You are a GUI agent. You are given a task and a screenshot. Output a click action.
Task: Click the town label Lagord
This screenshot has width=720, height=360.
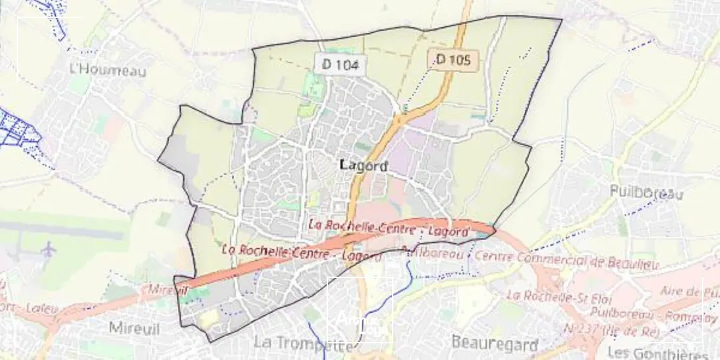[363, 166]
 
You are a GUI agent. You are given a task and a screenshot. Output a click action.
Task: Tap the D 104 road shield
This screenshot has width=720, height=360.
[340, 65]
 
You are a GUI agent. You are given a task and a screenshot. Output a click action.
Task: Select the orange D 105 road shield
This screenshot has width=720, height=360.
[453, 60]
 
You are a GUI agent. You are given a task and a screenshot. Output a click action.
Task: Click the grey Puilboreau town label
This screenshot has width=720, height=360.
[647, 193]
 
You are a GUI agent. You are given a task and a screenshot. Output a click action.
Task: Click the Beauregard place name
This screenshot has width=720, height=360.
[494, 343]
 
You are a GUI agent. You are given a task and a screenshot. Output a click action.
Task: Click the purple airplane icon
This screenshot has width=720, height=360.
[48, 249]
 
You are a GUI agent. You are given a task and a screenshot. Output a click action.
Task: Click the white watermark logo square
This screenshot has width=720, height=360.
[359, 311]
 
